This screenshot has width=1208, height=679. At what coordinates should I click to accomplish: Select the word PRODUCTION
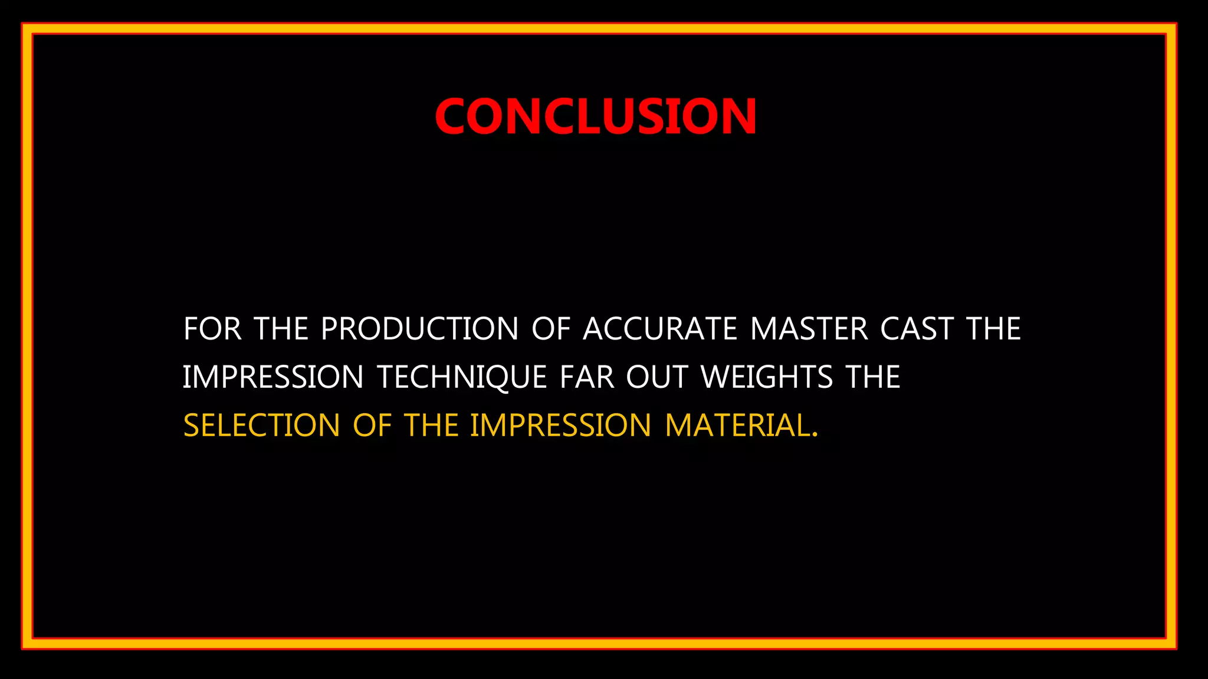(x=419, y=329)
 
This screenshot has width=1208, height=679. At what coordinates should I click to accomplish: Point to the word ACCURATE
(x=660, y=329)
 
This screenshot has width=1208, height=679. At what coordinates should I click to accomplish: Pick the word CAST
(x=917, y=329)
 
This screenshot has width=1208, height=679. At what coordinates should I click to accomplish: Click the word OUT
(x=657, y=377)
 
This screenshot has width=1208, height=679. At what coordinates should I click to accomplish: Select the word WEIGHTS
(x=767, y=377)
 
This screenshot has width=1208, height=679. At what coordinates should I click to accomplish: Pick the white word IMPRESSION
(x=273, y=377)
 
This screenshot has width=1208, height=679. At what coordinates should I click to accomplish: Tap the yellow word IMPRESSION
(x=560, y=426)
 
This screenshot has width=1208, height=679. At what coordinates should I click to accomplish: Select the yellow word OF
(x=372, y=426)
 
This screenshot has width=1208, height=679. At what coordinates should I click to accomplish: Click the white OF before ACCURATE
(x=551, y=329)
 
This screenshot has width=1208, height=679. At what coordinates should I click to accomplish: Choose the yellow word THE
(x=431, y=426)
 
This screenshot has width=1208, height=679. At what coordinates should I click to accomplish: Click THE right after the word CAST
(x=993, y=329)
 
